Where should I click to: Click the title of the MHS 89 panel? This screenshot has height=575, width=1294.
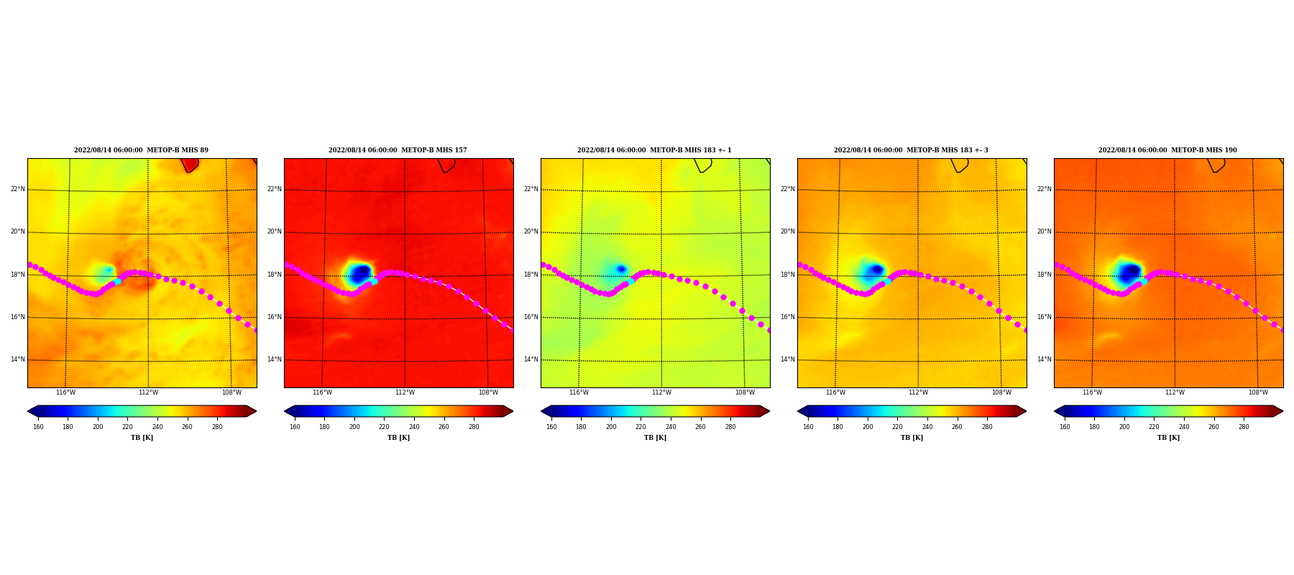tap(141, 150)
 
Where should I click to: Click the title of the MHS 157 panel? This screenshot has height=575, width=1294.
tap(398, 150)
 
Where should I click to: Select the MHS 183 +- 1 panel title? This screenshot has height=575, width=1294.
tap(654, 150)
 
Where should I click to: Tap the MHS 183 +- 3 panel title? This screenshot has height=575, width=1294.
tap(911, 150)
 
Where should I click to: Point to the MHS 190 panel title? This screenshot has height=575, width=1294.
tap(1167, 150)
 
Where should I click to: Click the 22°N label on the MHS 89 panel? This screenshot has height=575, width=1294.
tap(17, 190)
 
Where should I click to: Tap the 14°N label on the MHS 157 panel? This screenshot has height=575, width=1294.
tap(274, 360)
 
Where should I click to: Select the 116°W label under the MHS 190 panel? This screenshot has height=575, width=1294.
tap(1092, 392)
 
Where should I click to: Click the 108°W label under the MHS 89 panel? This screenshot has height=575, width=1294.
tap(231, 392)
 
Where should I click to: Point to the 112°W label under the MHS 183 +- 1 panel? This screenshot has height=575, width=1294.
tap(661, 392)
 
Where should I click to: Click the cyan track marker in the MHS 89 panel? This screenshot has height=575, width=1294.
tap(118, 281)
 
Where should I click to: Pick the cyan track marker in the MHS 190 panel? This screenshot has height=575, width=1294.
tap(1144, 281)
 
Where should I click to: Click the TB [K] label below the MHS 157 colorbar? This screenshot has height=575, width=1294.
tap(398, 438)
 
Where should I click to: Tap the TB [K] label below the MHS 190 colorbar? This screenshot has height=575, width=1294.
tap(1168, 438)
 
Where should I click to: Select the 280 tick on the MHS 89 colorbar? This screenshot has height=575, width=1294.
tap(217, 427)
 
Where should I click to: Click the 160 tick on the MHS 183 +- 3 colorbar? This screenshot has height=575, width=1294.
tap(808, 427)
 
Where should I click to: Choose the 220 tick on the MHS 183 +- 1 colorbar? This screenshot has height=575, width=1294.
tap(641, 427)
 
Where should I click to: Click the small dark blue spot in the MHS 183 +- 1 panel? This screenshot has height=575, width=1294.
tap(621, 269)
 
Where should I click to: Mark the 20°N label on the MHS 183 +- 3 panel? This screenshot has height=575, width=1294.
tap(787, 232)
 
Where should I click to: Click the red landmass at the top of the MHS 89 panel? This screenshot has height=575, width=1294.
tap(190, 165)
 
